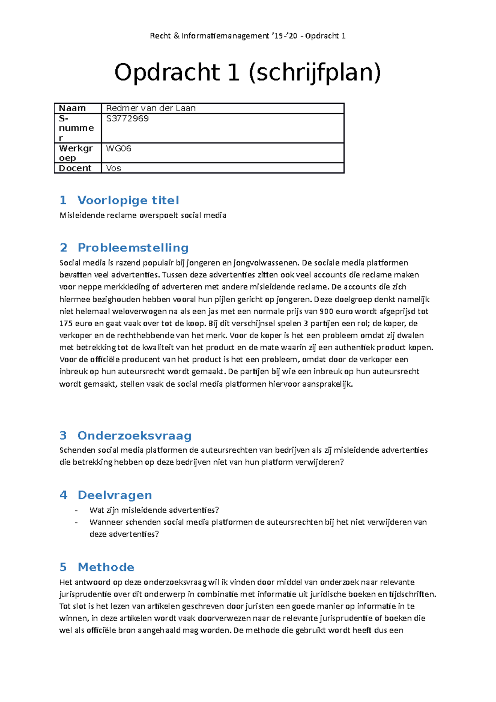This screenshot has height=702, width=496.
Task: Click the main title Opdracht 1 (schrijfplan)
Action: click(248, 72)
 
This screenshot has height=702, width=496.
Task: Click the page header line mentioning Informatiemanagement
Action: click(248, 36)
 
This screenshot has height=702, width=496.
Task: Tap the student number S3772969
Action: click(127, 119)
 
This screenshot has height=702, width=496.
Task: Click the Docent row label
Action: click(75, 168)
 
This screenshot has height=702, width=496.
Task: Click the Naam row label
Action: click(72, 108)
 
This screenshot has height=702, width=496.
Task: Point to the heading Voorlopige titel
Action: click(128, 201)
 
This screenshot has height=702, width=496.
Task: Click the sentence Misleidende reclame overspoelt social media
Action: click(143, 215)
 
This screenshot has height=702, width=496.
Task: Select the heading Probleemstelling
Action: click(133, 248)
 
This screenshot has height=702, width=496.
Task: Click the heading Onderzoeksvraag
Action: click(134, 436)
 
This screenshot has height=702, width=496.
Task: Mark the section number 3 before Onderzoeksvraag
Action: click(63, 436)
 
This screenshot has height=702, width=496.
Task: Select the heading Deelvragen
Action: click(114, 495)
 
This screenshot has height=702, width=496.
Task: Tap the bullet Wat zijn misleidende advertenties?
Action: click(154, 510)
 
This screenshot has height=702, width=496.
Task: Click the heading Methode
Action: click(106, 567)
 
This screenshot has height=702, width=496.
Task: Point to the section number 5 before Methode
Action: click(63, 567)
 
